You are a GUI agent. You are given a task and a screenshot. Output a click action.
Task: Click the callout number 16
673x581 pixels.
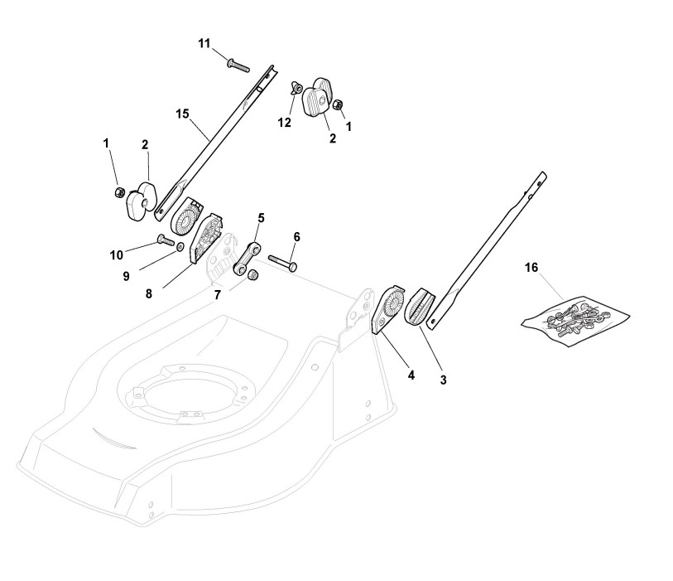coord(531,267)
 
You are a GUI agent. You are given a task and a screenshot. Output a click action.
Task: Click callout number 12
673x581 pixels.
coord(284,123)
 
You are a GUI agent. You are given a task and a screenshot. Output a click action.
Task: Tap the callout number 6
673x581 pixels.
coord(296,236)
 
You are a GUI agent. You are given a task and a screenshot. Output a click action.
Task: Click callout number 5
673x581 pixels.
coord(261,218)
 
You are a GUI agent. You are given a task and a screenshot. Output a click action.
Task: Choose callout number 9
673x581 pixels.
coord(127,275)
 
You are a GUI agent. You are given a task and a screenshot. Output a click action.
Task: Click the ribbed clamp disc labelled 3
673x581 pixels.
coord(420,308)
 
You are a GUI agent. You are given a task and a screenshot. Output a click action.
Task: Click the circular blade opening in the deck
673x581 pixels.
coord(184,390)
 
